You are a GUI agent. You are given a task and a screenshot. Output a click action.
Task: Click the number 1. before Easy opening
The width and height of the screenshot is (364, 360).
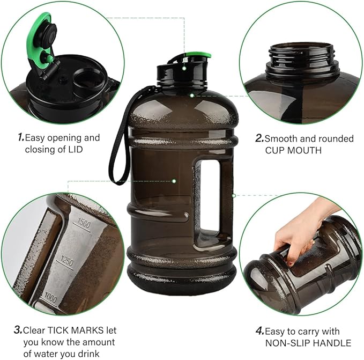point(21,137)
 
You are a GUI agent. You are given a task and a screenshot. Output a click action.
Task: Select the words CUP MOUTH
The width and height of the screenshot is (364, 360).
point(293,150)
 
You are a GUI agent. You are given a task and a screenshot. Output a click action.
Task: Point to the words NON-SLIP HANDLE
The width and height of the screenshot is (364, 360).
point(308,343)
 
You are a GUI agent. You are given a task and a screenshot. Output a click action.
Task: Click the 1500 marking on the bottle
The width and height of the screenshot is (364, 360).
point(84,223)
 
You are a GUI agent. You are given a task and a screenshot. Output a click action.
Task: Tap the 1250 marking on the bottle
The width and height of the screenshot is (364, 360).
point(67,261)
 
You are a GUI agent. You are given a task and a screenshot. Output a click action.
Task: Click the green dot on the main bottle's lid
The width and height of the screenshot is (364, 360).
point(184,68)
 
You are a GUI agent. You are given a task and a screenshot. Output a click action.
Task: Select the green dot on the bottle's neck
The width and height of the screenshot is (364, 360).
point(192,95)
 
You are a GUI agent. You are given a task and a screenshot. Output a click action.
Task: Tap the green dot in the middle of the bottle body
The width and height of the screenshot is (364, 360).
point(174,181)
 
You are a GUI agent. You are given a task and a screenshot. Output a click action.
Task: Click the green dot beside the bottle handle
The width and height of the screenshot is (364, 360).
point(234,196)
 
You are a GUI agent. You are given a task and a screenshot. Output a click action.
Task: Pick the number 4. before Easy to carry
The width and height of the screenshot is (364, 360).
point(260,330)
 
